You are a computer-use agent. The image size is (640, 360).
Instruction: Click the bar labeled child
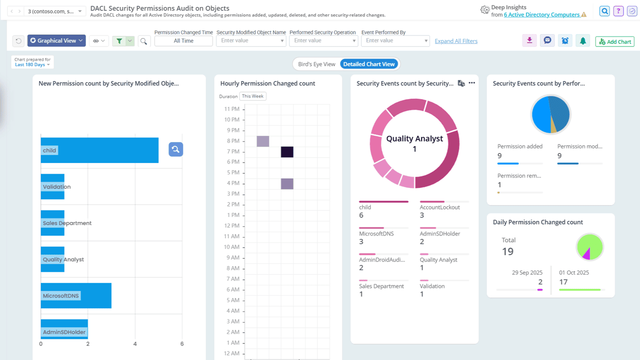(99, 150)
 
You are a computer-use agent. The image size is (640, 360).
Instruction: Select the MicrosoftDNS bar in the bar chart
(76, 295)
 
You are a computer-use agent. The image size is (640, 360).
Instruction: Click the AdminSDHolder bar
(64, 332)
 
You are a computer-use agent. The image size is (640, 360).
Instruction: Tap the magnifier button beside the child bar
(175, 149)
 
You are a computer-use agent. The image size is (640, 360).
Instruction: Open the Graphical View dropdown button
(56, 41)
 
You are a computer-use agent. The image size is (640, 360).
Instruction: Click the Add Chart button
(614, 42)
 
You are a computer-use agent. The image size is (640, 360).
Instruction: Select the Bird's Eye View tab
(316, 64)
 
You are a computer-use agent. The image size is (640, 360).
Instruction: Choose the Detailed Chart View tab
(369, 64)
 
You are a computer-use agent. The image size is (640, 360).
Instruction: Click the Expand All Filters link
(456, 41)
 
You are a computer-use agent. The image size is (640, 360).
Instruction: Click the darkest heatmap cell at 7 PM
(287, 151)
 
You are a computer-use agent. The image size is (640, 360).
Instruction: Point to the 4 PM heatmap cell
(287, 183)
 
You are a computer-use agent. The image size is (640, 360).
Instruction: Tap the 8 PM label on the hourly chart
(232, 141)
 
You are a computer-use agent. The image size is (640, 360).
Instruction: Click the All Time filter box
(183, 41)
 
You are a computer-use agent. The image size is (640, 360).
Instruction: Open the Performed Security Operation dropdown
(323, 41)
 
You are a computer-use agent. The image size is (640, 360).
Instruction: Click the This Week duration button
(253, 96)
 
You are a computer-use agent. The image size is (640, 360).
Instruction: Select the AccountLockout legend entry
(439, 207)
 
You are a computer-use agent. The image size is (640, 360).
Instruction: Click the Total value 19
(507, 251)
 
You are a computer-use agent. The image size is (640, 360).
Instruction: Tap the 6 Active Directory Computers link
(542, 15)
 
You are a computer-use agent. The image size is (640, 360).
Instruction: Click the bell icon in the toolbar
(583, 41)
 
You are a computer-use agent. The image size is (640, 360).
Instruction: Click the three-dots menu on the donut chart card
(471, 83)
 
